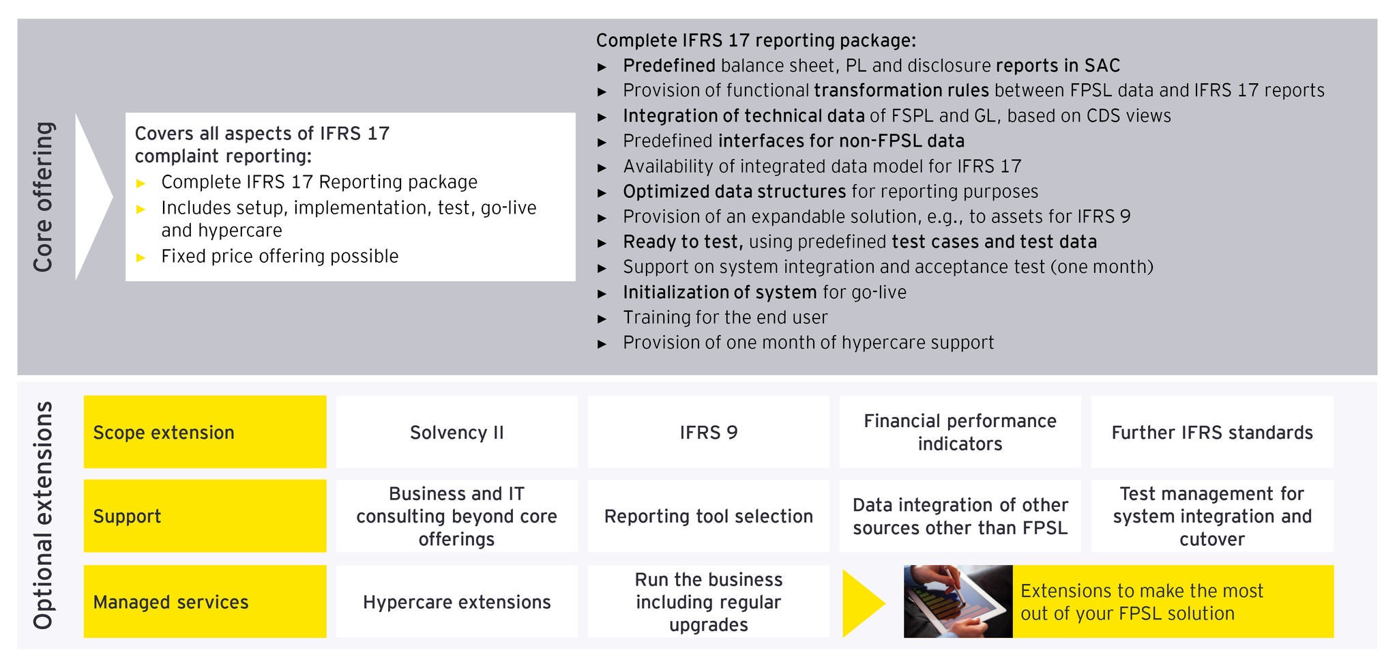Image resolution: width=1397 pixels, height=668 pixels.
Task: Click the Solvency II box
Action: (456, 432)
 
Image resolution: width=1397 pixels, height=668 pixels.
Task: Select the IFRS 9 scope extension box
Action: (709, 432)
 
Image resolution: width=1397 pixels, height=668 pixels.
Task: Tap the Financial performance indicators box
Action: (960, 432)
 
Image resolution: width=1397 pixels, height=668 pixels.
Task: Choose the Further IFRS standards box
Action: (1212, 432)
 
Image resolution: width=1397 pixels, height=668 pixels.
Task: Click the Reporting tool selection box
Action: (709, 516)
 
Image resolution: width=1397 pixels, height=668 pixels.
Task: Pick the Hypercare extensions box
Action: (456, 602)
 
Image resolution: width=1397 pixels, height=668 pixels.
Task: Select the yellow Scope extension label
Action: (205, 432)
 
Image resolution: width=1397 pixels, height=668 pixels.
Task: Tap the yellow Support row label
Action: (205, 516)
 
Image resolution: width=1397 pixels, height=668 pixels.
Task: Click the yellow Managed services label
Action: (205, 602)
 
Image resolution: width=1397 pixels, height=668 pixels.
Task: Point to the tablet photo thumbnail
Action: (958, 602)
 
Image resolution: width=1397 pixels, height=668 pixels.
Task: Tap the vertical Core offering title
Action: (43, 197)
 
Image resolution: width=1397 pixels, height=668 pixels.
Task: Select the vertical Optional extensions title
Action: (43, 515)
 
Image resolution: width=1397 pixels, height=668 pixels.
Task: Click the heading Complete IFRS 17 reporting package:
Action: (756, 40)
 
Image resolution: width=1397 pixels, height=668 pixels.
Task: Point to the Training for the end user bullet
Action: (725, 317)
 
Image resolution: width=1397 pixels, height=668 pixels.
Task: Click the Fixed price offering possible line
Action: (280, 256)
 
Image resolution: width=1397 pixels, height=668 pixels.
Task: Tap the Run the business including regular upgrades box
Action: (709, 602)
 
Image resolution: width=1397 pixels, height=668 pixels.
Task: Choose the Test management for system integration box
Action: (1212, 516)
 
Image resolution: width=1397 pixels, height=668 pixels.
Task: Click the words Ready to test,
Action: (683, 242)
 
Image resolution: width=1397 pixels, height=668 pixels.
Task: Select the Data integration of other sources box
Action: (960, 516)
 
